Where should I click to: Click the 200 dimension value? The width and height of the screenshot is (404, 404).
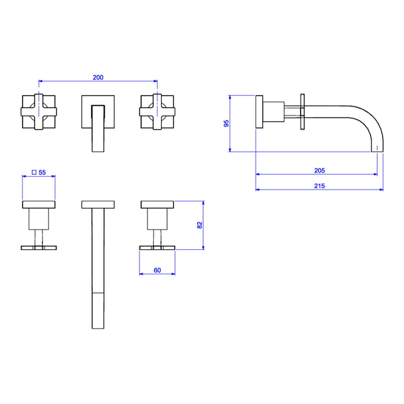coord(98,77)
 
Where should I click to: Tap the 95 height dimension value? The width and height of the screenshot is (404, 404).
coord(227,124)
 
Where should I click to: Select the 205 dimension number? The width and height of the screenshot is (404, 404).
coord(319,171)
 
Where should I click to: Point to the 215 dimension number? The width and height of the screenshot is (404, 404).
coord(319,186)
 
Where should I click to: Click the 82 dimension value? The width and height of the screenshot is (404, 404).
coord(200,225)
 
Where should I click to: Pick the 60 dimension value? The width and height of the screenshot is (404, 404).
coord(157,270)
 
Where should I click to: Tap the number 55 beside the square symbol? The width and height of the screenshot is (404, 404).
coord(42,173)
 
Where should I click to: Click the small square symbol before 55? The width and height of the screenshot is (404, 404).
coord(34,172)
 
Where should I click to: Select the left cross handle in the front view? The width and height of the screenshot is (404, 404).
coord(39,112)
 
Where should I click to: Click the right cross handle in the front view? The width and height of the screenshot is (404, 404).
coord(157,112)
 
